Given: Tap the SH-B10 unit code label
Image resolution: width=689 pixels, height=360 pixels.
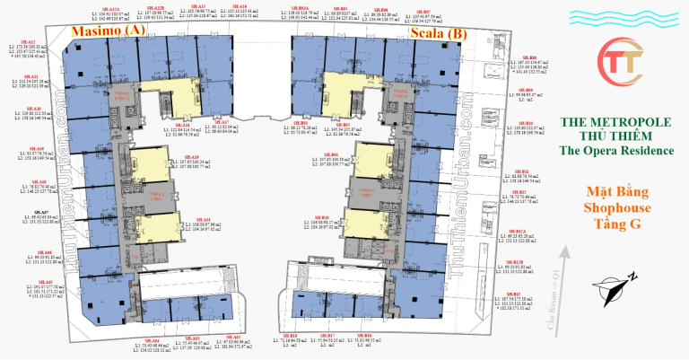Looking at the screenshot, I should pos(529,123).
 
